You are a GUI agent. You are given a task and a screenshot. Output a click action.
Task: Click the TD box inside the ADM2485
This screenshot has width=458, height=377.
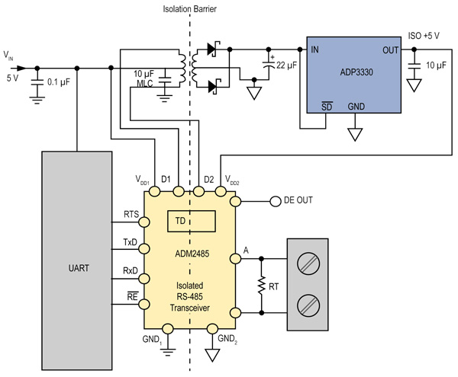(191, 222)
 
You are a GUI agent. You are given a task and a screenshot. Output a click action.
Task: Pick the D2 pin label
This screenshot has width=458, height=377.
(208, 180)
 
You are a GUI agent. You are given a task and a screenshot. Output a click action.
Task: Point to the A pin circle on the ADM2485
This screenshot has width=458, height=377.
(237, 258)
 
